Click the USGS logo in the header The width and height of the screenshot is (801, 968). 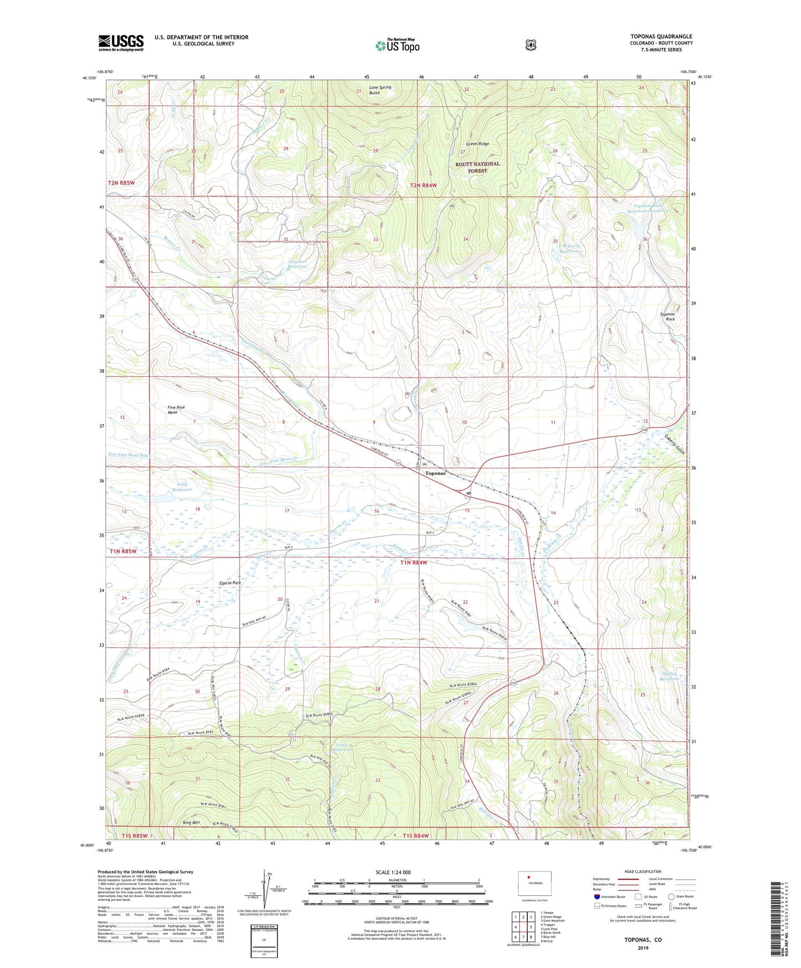click(121, 43)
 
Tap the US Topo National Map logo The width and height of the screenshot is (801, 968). click(397, 45)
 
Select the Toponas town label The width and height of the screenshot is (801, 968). click(435, 473)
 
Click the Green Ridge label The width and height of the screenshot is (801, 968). click(477, 144)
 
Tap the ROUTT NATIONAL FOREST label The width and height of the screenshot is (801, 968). click(477, 167)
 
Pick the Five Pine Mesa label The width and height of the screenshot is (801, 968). click(176, 410)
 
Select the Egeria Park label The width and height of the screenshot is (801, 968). click(229, 583)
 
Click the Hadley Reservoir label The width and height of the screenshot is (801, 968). click(670, 676)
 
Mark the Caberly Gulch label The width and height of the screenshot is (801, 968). click(675, 444)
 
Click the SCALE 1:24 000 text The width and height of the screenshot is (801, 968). click(393, 872)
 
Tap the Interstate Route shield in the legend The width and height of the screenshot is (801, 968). click(597, 896)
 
